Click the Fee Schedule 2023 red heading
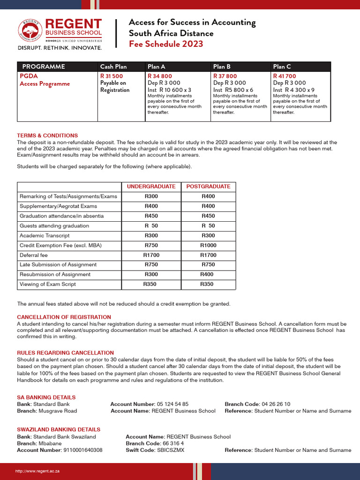(x=166, y=44)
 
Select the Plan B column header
(x=222, y=67)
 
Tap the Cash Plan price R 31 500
(x=112, y=76)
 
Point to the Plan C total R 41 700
(x=284, y=76)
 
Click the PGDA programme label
(x=29, y=76)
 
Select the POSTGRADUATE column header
(x=208, y=187)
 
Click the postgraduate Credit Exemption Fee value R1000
(x=208, y=245)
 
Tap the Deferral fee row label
(x=34, y=255)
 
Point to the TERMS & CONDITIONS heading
(x=47, y=135)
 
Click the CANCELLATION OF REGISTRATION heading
(x=64, y=317)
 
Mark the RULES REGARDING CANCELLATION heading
(x=65, y=352)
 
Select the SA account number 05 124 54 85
(x=172, y=404)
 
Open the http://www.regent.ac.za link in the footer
(x=37, y=471)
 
